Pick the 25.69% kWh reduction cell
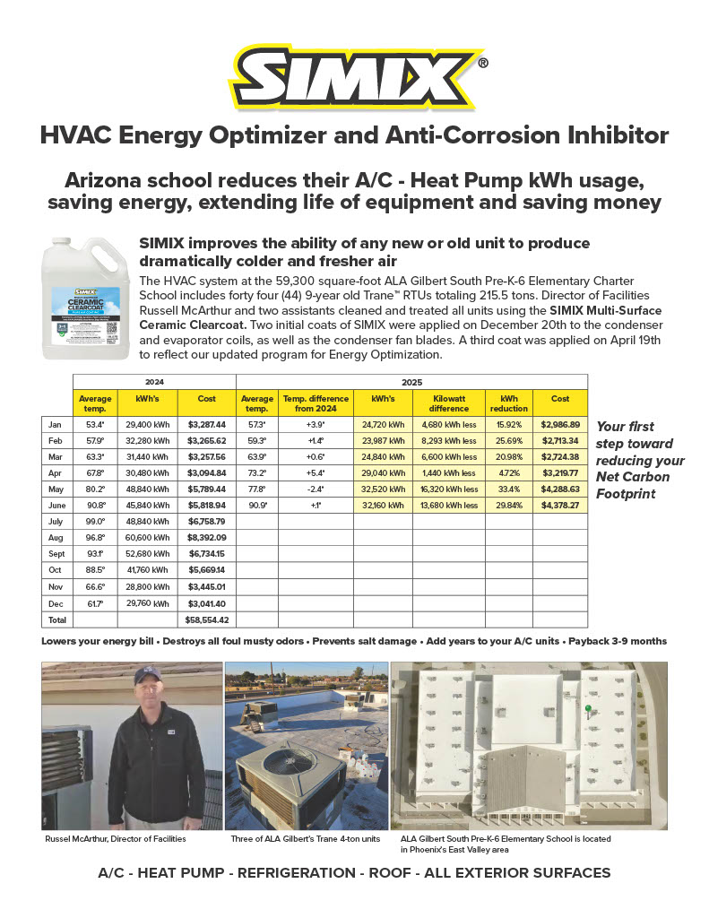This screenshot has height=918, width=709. [508, 442]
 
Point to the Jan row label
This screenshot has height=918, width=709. [56, 423]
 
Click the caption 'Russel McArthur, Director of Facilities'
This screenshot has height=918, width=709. [116, 839]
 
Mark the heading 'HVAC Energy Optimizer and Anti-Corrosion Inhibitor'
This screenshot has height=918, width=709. [355, 135]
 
